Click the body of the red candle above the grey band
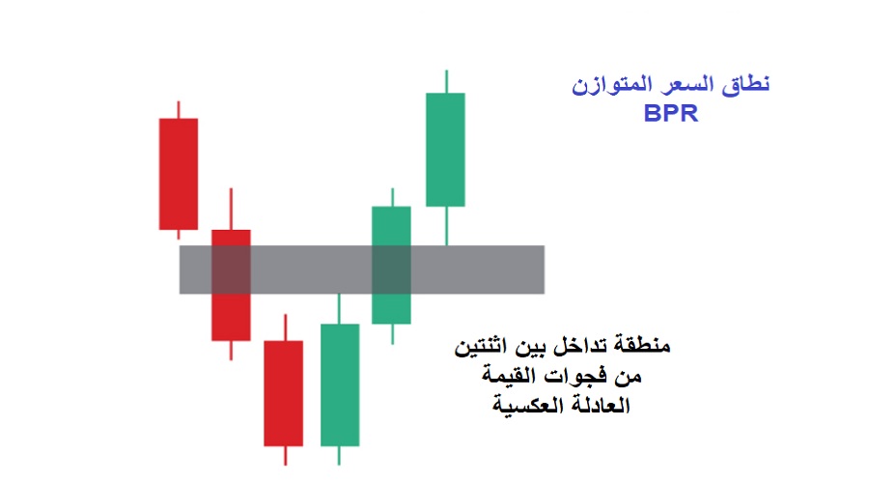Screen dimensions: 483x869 pyautogui.click(x=178, y=174)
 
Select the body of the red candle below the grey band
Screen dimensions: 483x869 pyautogui.click(x=284, y=392)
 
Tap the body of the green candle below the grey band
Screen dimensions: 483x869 pyautogui.click(x=340, y=384)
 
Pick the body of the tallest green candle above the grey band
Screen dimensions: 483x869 pyautogui.click(x=445, y=149)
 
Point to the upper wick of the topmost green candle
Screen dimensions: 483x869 pyautogui.click(x=445, y=81)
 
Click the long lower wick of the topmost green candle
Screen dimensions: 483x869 pyautogui.click(x=445, y=225)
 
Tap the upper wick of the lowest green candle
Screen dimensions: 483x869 pyautogui.click(x=339, y=309)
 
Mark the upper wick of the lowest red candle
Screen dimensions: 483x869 pyautogui.click(x=285, y=327)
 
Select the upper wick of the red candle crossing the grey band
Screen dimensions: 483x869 pyautogui.click(x=231, y=209)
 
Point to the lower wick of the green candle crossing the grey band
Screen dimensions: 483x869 pyautogui.click(x=392, y=333)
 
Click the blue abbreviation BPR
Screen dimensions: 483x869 pyautogui.click(x=671, y=112)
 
